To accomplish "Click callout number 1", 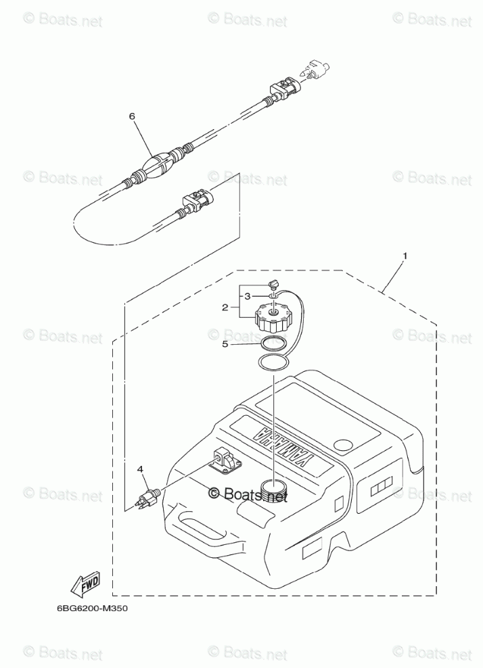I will pos(405,256).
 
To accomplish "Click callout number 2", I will pos(225,308).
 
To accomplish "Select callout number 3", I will pos(248,296).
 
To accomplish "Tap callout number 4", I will pos(140,468).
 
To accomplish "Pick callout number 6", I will pos(133,116).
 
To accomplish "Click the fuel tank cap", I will pos(272,316).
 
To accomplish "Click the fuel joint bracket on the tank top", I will pos(227,460).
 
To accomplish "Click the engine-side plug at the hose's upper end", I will pos(316,70).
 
